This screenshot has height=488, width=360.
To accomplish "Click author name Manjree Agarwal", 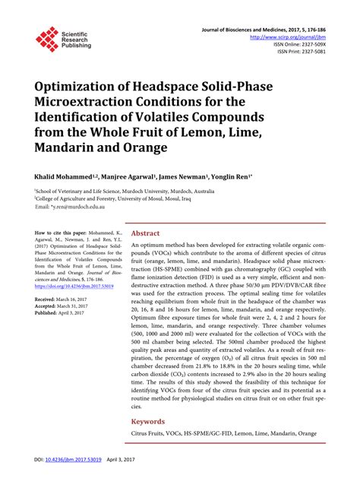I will tap(128, 174).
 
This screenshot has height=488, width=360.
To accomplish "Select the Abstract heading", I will tap(145, 233).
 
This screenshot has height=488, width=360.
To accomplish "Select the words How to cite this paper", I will tap(62, 227).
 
